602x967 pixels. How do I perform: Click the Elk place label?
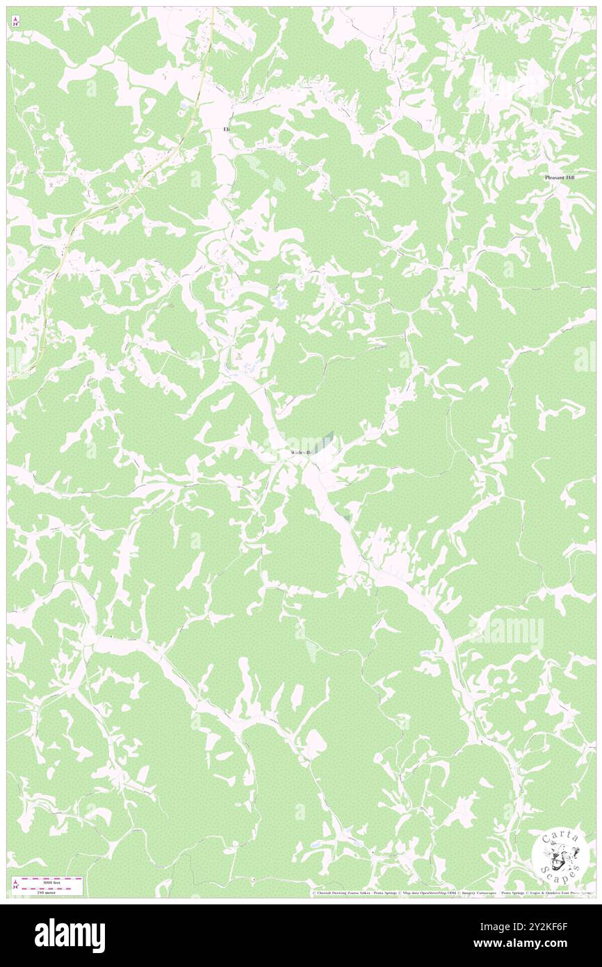(226, 129)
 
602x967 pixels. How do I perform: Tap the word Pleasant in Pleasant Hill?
(555, 178)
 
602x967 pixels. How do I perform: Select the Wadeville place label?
(299, 453)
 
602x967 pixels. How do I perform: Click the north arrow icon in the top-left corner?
(15, 22)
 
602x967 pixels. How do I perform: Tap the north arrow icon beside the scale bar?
(15, 885)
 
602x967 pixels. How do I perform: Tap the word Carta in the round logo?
(560, 837)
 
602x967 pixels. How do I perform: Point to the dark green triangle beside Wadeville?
(327, 438)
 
